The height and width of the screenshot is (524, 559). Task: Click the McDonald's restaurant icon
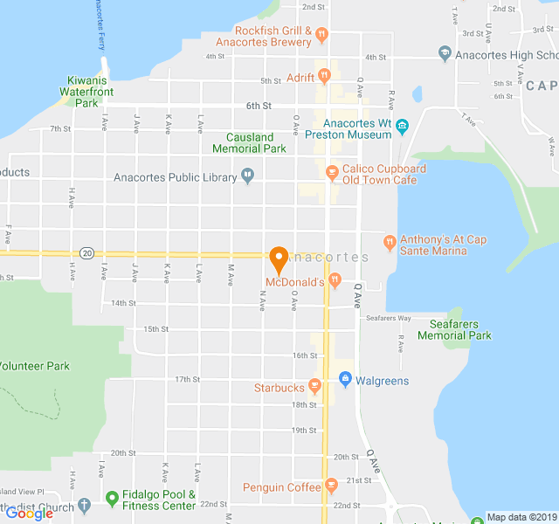point(335,281)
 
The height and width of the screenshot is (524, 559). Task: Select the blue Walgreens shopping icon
point(344,380)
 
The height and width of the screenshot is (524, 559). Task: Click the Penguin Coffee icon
point(330,486)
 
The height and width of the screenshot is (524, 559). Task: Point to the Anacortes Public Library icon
point(248,177)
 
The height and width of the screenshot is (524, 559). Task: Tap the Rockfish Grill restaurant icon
point(321,36)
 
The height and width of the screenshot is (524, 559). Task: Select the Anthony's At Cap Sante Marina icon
point(390,240)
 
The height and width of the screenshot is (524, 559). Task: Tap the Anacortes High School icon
point(445,55)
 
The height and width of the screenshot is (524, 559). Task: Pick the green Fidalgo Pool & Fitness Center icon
point(112,500)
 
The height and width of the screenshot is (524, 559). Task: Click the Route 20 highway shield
point(86,252)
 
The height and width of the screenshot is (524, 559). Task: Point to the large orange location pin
point(279,259)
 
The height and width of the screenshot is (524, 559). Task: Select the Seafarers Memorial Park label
point(454,329)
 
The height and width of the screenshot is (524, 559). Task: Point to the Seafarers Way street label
point(388,318)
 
